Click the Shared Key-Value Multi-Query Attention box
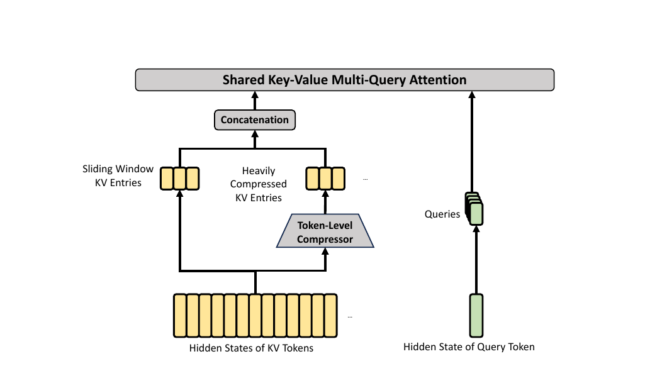(345, 80)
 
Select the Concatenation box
(255, 120)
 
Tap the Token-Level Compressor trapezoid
(325, 231)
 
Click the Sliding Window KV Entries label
(118, 175)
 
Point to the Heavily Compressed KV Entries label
(259, 184)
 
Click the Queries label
(442, 214)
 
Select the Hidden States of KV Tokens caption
(251, 348)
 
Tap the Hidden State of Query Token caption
(469, 346)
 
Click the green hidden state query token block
(476, 315)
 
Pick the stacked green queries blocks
(474, 209)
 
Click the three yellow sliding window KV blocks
(179, 179)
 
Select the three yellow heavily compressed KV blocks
(325, 179)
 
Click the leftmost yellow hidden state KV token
(180, 315)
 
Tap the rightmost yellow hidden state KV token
(331, 315)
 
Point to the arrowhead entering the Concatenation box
(255, 133)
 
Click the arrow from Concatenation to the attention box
(255, 100)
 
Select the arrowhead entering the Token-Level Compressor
(325, 251)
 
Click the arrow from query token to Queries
(476, 260)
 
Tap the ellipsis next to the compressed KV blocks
(366, 179)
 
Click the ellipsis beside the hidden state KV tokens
(350, 317)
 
